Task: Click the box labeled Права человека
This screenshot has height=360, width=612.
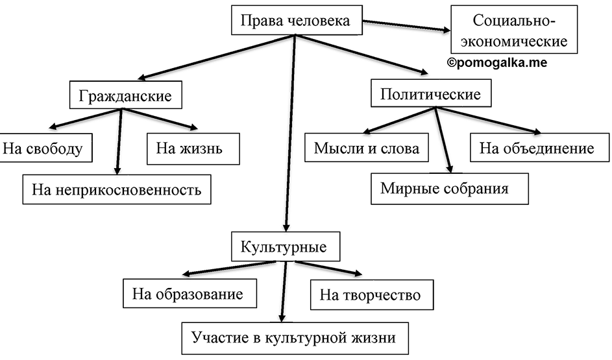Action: pos(297,20)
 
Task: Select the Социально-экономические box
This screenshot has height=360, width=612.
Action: pos(513,29)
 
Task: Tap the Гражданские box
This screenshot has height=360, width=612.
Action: pos(126,95)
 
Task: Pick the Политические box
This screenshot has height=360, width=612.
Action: pos(431,93)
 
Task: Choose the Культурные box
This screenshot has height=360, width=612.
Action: pos(286,246)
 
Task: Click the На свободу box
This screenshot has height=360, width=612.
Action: pos(45,148)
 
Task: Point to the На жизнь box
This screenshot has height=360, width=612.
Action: pos(193,149)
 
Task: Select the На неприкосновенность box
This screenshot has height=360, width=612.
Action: pos(117,189)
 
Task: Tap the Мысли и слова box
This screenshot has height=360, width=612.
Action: pos(366,147)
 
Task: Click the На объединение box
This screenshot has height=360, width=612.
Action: pos(539,147)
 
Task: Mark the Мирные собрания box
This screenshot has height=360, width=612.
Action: pos(450,189)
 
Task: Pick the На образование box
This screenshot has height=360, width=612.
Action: pos(190,293)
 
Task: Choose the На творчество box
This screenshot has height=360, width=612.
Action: pos(372,294)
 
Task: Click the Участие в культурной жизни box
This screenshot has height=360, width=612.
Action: pos(295,338)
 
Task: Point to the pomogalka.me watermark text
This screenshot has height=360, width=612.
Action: pos(497,62)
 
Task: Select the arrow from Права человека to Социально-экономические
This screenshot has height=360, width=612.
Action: pos(406,25)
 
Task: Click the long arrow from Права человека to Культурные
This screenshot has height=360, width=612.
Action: pos(290,133)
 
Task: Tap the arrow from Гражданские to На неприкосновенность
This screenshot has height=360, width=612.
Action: pos(119,141)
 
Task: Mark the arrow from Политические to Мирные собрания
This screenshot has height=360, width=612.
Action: pos(443,140)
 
